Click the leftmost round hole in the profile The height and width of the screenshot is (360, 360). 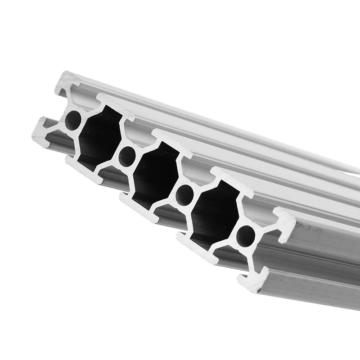pos(73,120)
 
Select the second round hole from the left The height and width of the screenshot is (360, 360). pos(127,156)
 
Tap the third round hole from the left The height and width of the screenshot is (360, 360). pos(184,195)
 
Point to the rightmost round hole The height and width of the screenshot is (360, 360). pos(246,236)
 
